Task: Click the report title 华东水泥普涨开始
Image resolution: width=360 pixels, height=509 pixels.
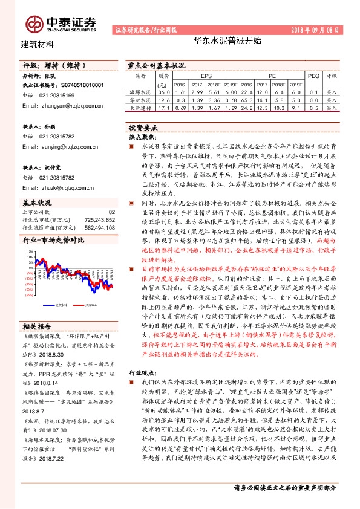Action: click(219, 42)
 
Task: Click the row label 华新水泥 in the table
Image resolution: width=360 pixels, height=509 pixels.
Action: click(140, 100)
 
